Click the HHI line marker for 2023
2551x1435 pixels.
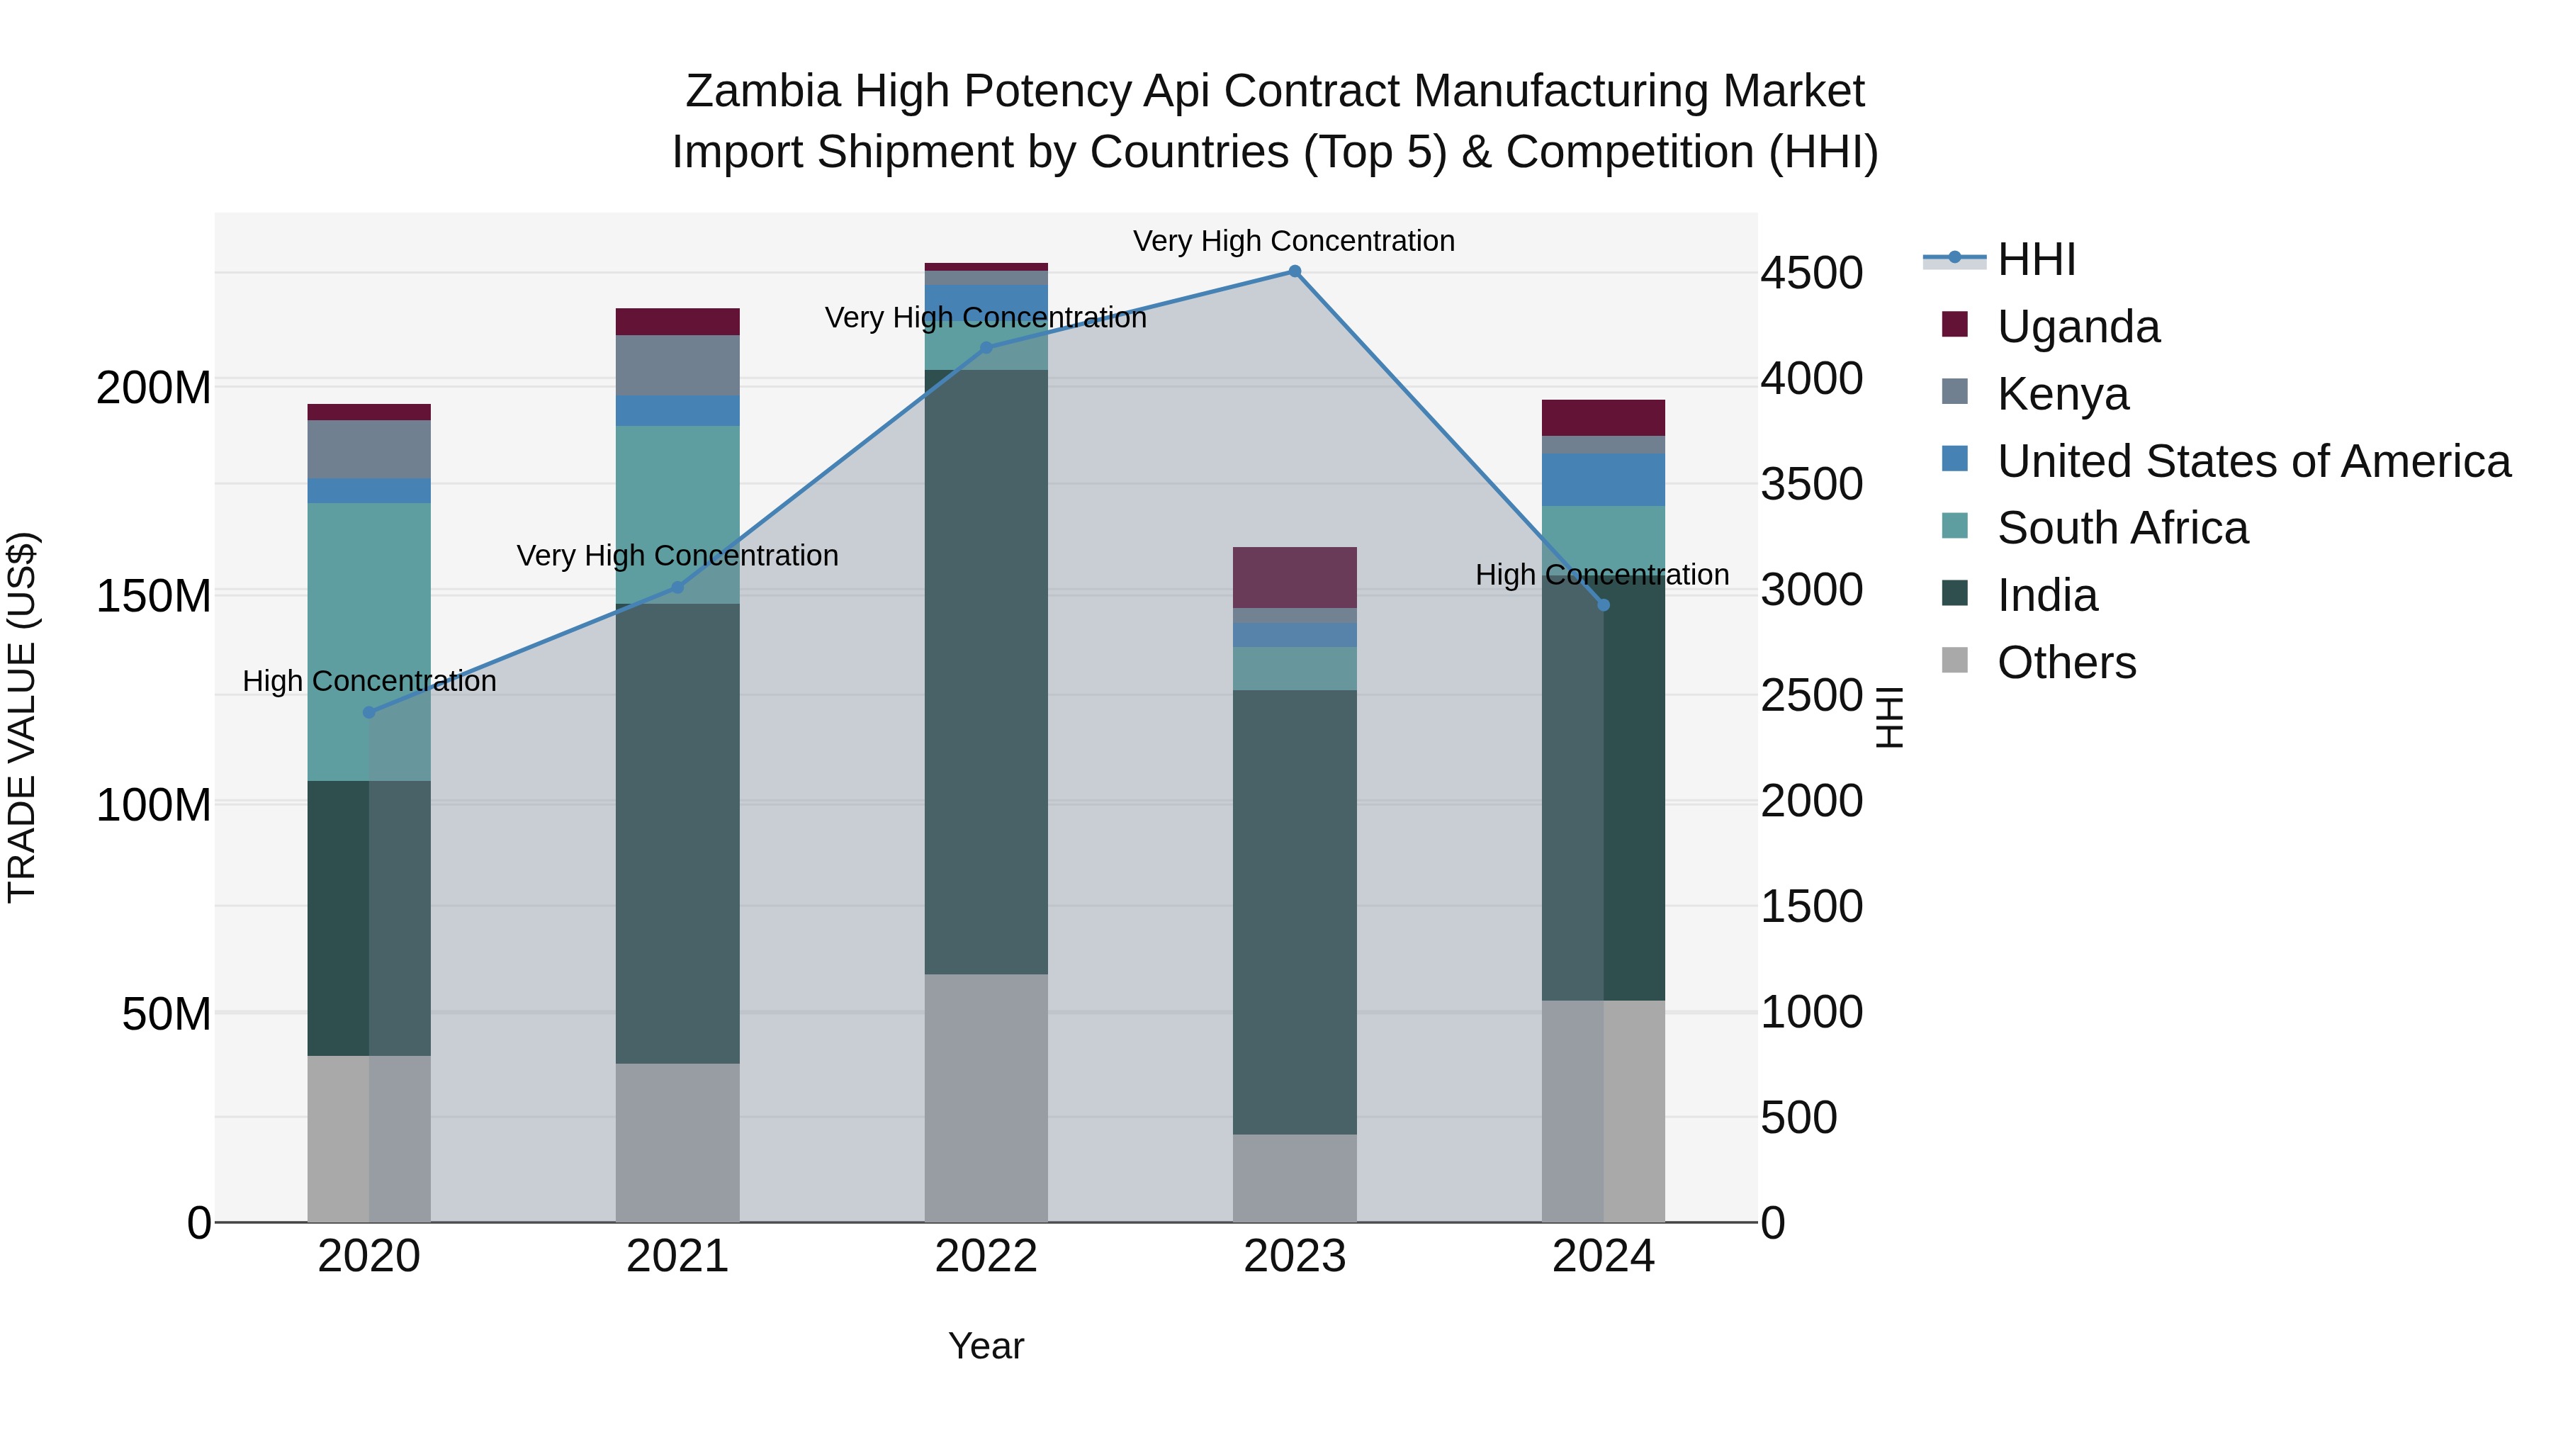[1295, 271]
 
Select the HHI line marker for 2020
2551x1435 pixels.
[369, 712]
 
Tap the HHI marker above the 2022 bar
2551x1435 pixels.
[986, 348]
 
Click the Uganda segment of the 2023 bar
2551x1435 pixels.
[1295, 578]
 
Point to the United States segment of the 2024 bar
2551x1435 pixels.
[1604, 480]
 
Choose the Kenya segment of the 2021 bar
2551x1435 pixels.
[677, 366]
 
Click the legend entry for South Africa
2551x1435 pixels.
[2122, 528]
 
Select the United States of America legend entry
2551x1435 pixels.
[2253, 461]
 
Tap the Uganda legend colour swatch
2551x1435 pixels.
[1955, 325]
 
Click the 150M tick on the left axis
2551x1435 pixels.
[154, 596]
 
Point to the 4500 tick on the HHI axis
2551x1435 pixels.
[1811, 274]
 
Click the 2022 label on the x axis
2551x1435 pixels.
[986, 1256]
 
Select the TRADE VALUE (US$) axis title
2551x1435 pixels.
[22, 717]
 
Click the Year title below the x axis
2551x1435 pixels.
[986, 1346]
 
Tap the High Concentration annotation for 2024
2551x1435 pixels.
[1601, 575]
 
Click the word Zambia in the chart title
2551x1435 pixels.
[762, 91]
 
